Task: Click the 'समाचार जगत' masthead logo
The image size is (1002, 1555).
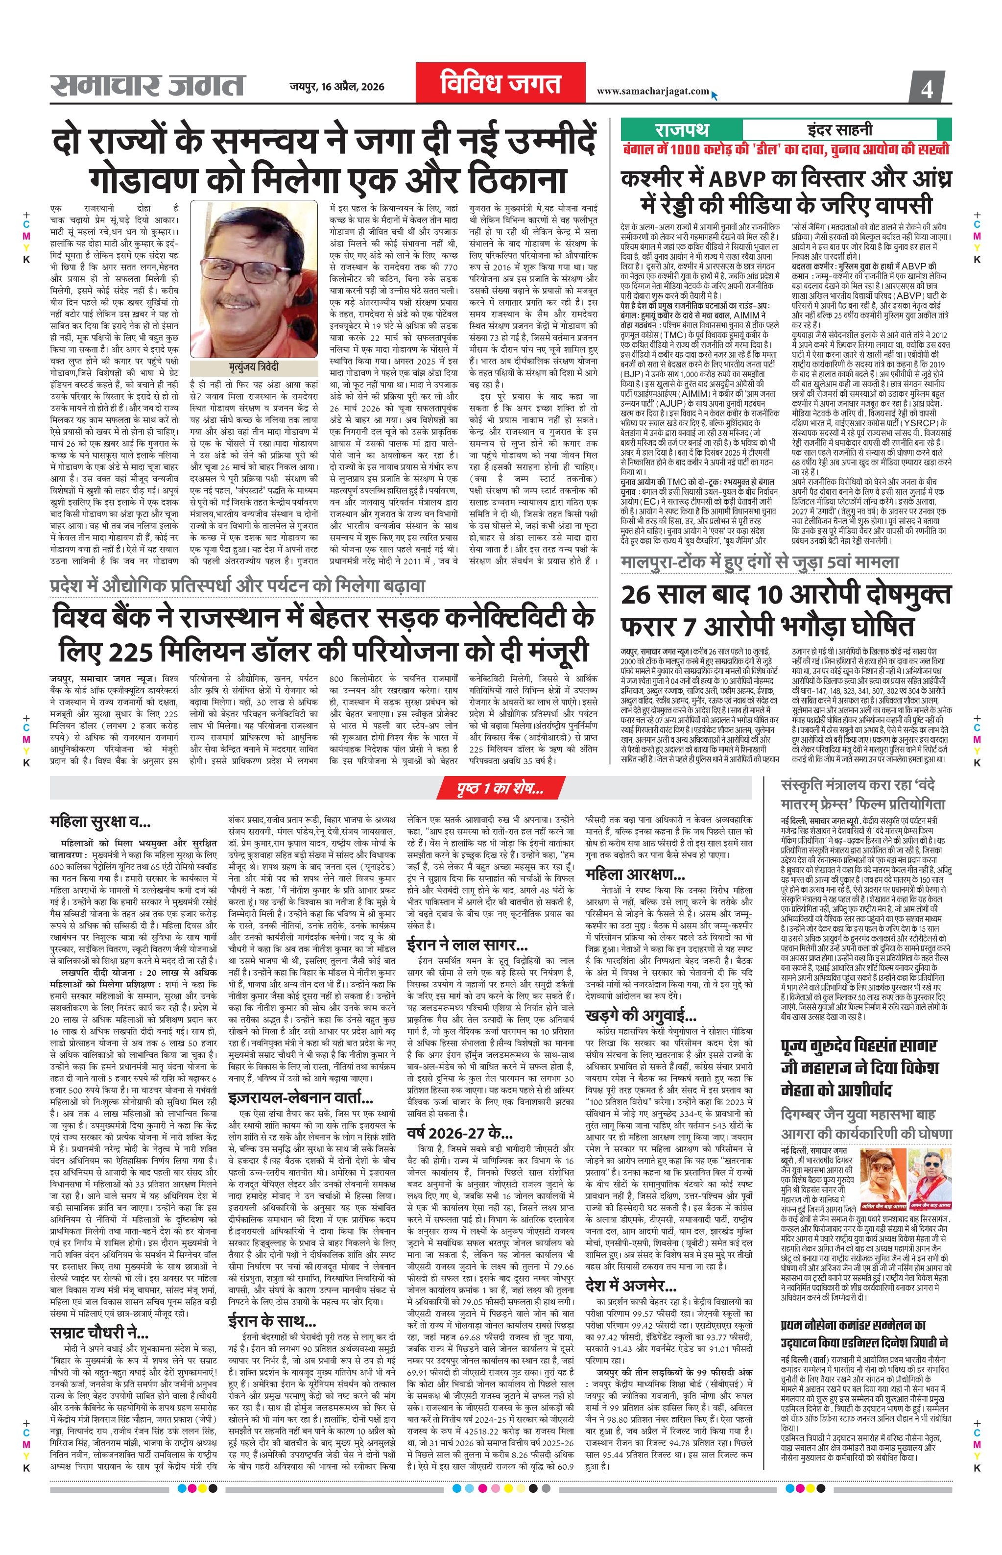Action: click(148, 86)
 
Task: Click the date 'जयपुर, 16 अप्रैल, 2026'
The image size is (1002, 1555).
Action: click(337, 87)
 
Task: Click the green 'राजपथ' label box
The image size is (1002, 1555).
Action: click(681, 129)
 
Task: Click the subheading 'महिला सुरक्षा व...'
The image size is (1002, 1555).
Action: click(100, 822)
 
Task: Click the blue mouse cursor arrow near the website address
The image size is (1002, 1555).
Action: click(715, 96)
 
